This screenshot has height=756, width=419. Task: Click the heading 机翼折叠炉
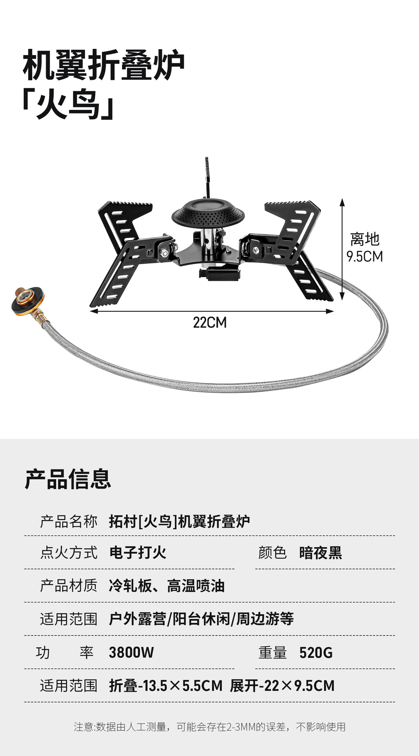coord(103,65)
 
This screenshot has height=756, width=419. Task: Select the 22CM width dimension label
coord(210,322)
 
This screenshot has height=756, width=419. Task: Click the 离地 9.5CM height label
coord(365,248)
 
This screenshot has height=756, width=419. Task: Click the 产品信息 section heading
coord(68,479)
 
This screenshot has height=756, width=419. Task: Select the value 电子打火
coord(138,552)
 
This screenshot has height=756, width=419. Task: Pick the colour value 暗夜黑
coord(320,553)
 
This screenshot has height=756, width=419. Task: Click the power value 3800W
coord(131,652)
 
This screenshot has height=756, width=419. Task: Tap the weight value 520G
coord(316,652)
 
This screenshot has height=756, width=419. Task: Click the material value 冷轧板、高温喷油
coord(166,586)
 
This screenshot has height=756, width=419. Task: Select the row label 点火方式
coord(68,552)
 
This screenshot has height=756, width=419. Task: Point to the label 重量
coord(272,652)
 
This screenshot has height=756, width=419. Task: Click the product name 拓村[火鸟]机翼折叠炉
coord(179,521)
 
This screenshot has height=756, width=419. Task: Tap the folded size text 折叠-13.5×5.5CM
coord(166,686)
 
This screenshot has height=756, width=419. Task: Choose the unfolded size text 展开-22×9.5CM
coord(282,686)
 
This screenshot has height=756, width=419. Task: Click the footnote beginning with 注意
coord(209,727)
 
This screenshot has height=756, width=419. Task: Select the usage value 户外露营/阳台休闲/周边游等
coord(201,619)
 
